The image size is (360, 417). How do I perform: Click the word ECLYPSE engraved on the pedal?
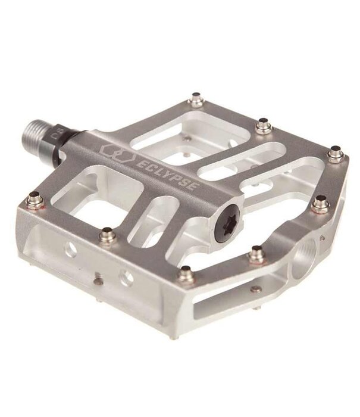pos(170,169)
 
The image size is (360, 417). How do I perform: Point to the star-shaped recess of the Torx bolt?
pos(228,218)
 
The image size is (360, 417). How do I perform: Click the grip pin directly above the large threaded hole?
pos(321,203)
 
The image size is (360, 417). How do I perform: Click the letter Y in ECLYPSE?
pos(169,169)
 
